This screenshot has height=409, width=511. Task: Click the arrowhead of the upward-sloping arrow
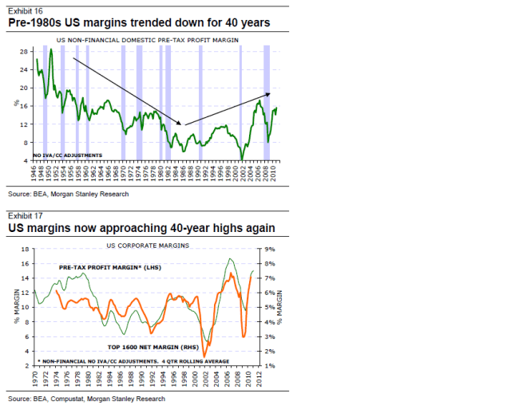tap(268, 94)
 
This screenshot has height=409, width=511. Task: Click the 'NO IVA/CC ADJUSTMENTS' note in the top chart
tap(68, 154)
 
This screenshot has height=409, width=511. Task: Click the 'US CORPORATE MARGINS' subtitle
tap(148, 245)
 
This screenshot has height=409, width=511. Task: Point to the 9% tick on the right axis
tap(269, 250)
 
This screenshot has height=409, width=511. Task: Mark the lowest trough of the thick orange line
tap(205, 356)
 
